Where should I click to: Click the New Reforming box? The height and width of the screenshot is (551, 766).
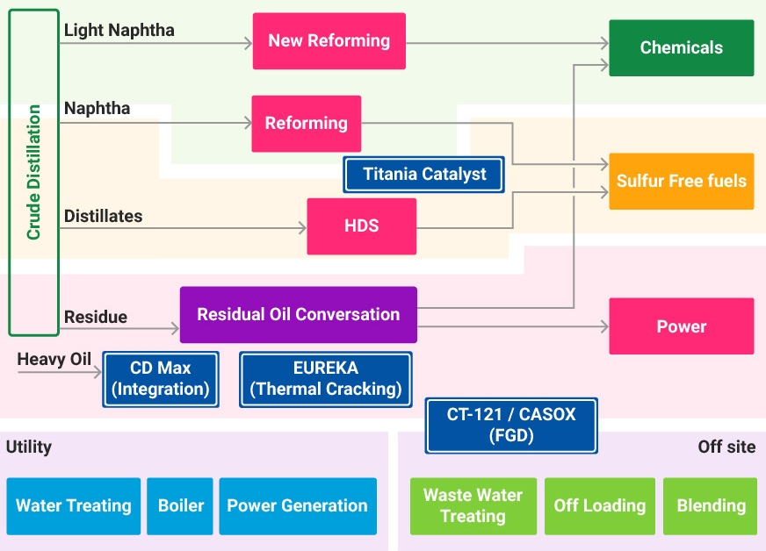[x=329, y=41]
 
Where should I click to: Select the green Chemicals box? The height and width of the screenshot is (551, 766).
[x=681, y=48]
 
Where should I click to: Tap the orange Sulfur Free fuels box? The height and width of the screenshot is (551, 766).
[x=681, y=182]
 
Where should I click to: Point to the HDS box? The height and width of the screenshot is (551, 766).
[x=361, y=226]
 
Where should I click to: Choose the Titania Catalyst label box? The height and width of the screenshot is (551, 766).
[x=424, y=175]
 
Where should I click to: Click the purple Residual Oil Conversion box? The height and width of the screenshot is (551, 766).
[x=298, y=314]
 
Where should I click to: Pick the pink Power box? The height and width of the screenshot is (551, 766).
[x=681, y=326]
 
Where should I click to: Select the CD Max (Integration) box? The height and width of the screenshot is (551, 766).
[x=161, y=379]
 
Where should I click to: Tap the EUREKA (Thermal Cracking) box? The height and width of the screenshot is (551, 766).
[x=326, y=379]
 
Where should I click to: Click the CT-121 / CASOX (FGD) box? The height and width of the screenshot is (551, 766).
[x=511, y=426]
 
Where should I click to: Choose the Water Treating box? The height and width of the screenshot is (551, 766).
[x=74, y=506]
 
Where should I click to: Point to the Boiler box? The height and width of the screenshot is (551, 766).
[x=181, y=506]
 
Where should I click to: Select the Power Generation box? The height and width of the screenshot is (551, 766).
[x=297, y=506]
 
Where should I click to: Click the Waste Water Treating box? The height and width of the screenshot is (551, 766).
[x=473, y=506]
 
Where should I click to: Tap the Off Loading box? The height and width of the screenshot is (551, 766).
[x=600, y=506]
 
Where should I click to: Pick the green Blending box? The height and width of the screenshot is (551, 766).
[x=711, y=506]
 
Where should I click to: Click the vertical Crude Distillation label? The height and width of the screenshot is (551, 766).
[x=34, y=173]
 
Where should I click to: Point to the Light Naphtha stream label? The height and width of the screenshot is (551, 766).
[x=119, y=31]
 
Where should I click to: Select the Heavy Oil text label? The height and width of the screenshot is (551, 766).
[x=54, y=360]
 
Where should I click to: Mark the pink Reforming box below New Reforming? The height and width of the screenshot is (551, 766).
[x=307, y=124]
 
